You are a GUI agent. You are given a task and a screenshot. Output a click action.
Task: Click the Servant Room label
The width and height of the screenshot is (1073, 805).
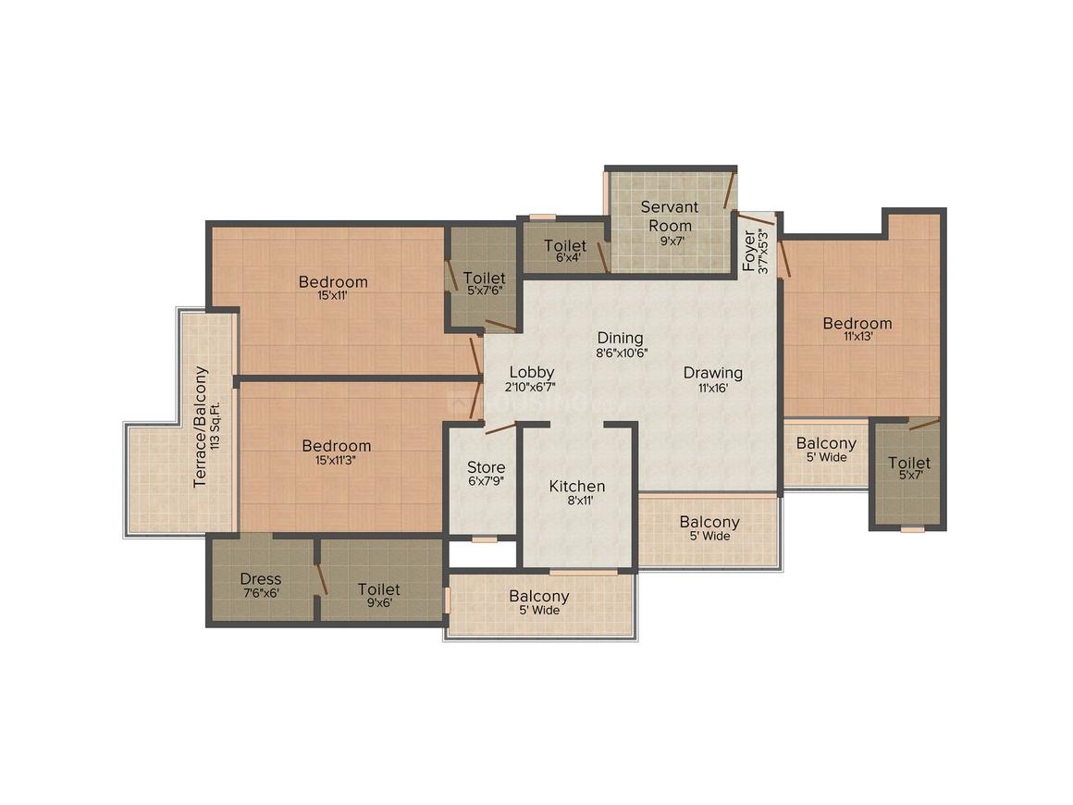coord(670,216)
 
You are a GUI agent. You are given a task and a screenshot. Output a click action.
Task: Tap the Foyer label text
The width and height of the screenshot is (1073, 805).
coord(749,252)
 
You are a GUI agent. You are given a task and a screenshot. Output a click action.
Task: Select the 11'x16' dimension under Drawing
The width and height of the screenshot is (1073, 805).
coord(712,388)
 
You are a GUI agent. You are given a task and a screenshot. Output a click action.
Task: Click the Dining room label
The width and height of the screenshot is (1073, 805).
coord(620,338)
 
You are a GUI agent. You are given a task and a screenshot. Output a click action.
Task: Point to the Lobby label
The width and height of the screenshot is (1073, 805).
coord(532,372)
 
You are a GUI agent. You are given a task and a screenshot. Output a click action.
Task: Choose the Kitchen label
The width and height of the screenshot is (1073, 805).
coord(577,486)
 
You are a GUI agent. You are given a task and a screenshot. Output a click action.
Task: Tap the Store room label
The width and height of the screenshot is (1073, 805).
coord(487,467)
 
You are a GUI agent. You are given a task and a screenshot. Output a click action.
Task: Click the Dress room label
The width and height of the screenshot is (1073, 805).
coord(261,578)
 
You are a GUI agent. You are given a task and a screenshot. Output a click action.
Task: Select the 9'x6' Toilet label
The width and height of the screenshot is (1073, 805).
coord(379,589)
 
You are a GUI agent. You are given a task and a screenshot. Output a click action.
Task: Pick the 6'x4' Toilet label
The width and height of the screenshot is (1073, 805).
coord(565,245)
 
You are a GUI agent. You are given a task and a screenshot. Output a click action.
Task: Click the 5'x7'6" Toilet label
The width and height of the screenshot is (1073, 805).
coord(485,278)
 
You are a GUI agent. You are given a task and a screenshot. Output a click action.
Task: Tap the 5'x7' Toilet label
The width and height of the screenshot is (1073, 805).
coord(909,463)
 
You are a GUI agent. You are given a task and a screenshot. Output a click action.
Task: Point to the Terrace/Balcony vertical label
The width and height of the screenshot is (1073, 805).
coord(200,427)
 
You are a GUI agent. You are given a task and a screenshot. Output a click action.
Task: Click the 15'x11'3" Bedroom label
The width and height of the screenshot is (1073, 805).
coord(336,446)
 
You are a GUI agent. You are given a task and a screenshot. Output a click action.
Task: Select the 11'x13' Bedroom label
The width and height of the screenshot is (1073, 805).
coord(857,323)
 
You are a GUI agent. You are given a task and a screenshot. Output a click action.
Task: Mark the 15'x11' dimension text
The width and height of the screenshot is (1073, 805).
coord(333,296)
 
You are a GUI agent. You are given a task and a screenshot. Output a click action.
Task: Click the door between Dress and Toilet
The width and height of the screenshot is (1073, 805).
coord(320,579)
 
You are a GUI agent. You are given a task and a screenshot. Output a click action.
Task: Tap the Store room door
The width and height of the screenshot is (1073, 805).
coord(500,428)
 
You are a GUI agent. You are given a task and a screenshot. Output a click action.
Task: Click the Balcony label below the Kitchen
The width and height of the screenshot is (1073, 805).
coord(539,596)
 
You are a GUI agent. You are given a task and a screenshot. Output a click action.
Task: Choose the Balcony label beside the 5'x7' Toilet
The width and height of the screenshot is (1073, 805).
coord(826,443)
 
